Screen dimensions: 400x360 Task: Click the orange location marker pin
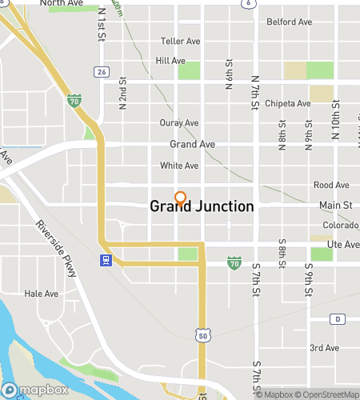tap(180, 198)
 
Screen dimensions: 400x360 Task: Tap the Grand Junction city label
tap(202, 206)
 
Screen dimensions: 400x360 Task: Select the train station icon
tap(104, 260)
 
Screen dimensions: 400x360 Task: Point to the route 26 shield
tap(101, 72)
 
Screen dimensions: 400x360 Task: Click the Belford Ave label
tap(288, 22)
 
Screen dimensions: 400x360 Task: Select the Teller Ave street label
tap(179, 41)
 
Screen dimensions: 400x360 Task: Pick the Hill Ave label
tap(170, 60)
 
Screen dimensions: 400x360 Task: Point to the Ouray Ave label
tap(179, 123)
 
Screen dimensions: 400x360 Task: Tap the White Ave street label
tap(178, 166)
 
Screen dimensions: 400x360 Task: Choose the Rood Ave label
tap(331, 185)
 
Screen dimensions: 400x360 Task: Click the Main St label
tap(335, 206)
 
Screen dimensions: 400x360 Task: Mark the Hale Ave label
tap(42, 294)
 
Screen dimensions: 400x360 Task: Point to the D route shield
tap(338, 318)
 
